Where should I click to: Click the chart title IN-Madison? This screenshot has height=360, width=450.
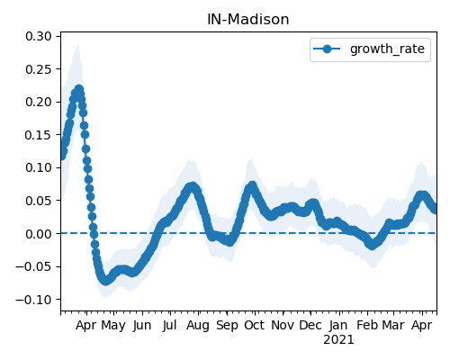coord(248,20)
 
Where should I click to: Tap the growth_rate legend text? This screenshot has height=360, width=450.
coord(387,49)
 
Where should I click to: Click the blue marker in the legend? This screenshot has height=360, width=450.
coord(327,49)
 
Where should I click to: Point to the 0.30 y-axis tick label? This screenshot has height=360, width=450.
coord(39,36)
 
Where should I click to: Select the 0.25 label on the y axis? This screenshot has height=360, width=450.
coord(39,69)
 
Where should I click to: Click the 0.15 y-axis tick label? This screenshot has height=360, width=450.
coord(39,135)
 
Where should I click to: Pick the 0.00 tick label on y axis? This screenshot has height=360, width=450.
coord(39,234)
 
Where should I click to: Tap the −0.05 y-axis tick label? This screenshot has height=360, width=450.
coord(33,266)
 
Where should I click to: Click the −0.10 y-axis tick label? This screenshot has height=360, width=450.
coord(33,300)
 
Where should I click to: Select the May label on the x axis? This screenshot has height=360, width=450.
coord(113,325)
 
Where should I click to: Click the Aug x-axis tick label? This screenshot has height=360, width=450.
coord(197,325)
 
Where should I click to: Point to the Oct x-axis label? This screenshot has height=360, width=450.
coord(254,325)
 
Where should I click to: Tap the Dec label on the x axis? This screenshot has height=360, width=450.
coord(310,325)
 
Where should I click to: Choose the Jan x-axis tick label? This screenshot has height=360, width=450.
coord(338,325)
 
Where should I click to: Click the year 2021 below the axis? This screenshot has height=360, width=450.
coord(338,340)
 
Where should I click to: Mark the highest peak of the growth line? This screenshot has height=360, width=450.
coord(79,89)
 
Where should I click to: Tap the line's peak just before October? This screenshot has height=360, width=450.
coord(252,186)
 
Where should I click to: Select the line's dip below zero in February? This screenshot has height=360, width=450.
coord(372,245)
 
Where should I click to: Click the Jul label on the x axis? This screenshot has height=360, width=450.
coord(169,325)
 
